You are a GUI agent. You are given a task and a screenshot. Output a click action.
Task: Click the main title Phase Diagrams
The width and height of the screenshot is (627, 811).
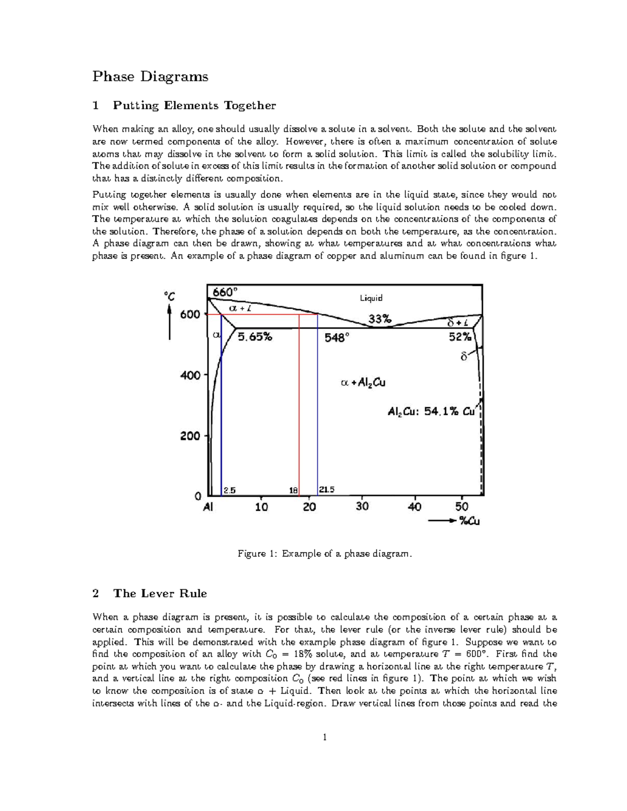point(150,77)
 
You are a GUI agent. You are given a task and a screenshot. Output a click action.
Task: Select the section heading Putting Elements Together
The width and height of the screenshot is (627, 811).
point(194,105)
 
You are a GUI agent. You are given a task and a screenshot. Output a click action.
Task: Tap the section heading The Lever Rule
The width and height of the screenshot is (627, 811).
point(160,593)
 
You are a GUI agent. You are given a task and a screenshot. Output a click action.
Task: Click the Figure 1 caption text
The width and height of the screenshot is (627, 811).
point(324,554)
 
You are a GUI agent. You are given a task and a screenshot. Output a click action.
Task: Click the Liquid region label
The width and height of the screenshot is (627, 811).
point(371,298)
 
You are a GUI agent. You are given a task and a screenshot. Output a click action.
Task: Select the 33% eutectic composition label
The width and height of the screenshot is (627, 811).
point(379,319)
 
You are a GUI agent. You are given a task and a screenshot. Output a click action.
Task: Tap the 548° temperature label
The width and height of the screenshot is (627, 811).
point(336,338)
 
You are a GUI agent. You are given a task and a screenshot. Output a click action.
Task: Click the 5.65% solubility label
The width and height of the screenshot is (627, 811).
point(255,337)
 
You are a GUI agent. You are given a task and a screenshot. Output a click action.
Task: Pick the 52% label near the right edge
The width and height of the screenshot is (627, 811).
point(460,337)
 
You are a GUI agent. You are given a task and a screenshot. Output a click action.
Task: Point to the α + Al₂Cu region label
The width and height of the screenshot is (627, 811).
point(363,383)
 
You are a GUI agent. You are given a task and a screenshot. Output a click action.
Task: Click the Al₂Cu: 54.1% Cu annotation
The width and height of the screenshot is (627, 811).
point(431,412)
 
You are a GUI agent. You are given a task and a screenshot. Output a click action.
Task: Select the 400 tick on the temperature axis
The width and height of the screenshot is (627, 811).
point(190,375)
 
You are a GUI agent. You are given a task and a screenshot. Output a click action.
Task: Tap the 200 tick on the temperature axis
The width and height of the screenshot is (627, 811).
point(190,436)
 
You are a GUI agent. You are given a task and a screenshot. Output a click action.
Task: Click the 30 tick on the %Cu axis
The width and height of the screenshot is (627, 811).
point(362,507)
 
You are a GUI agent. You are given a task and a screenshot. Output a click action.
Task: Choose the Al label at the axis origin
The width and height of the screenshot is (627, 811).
point(208,507)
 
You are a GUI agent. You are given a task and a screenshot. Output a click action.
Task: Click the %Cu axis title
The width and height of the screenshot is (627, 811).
point(469,521)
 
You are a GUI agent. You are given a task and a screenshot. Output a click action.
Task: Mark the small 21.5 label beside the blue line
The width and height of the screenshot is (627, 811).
point(327,490)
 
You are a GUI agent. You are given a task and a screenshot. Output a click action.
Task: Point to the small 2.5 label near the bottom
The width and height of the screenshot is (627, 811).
point(229,490)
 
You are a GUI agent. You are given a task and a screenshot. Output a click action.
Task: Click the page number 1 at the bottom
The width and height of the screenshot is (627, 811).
point(324,737)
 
